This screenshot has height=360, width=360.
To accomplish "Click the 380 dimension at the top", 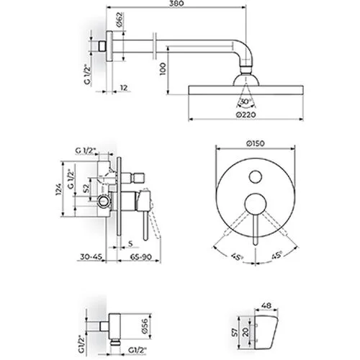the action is tap(176, 3).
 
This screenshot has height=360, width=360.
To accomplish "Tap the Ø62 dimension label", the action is tap(120, 19).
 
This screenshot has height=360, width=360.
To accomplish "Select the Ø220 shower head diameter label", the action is tap(246, 114).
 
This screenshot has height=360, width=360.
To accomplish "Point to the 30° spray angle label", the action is tap(246, 101).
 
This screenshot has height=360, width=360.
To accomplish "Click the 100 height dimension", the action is tap(163, 69).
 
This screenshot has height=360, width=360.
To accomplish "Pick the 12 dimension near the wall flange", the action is tap(124, 88).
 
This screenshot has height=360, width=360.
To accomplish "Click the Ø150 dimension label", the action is tap(256, 143).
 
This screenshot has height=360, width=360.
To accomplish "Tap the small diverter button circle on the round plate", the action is tap(256, 177).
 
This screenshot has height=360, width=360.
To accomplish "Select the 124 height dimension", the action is tap(59, 189).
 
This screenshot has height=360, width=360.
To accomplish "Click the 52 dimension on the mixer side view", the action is tap(86, 189).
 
